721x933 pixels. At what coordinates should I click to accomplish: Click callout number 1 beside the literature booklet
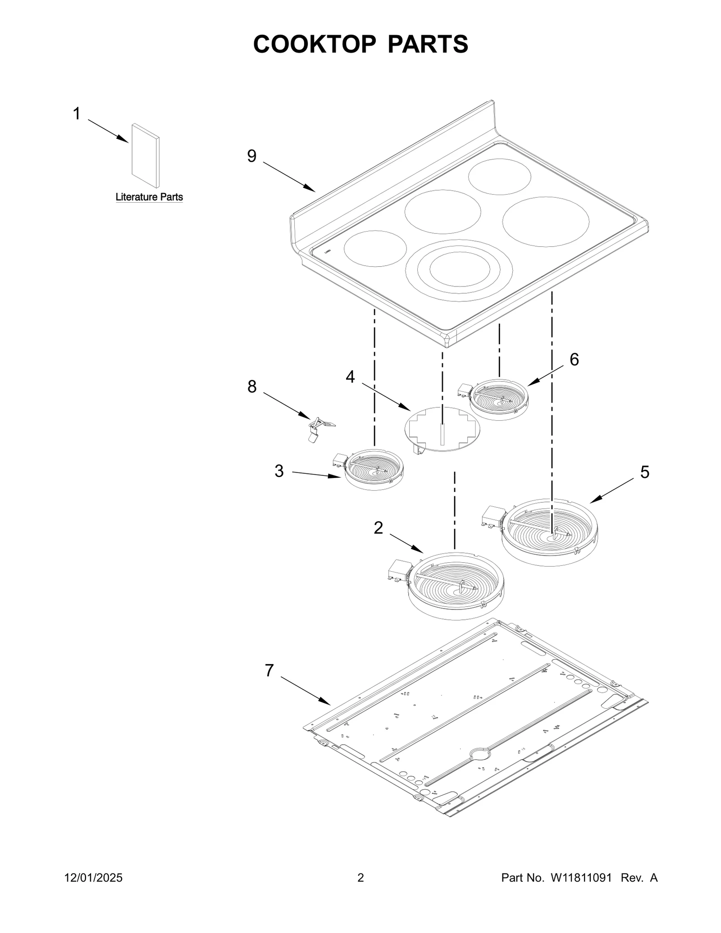pyautogui.click(x=77, y=114)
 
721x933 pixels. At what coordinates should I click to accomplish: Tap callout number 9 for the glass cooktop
pyautogui.click(x=252, y=156)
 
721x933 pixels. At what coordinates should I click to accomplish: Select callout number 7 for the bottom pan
pyautogui.click(x=269, y=683)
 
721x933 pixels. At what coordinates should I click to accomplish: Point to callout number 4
pyautogui.click(x=350, y=377)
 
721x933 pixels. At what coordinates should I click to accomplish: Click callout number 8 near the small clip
pyautogui.click(x=252, y=386)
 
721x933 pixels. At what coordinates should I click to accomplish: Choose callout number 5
pyautogui.click(x=645, y=472)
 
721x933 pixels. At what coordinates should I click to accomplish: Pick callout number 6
pyautogui.click(x=574, y=360)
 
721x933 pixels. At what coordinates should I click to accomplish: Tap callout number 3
pyautogui.click(x=279, y=471)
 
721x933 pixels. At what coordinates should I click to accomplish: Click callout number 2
pyautogui.click(x=379, y=528)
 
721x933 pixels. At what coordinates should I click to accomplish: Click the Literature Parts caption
pyautogui.click(x=149, y=197)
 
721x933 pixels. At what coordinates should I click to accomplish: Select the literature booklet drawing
pyautogui.click(x=145, y=155)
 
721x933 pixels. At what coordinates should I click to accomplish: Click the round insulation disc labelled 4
pyautogui.click(x=443, y=429)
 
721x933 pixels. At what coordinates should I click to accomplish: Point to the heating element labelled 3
pyautogui.click(x=374, y=469)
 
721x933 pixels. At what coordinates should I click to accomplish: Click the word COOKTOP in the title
pyautogui.click(x=315, y=44)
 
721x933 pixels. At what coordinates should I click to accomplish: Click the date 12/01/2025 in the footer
pyautogui.click(x=94, y=890)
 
